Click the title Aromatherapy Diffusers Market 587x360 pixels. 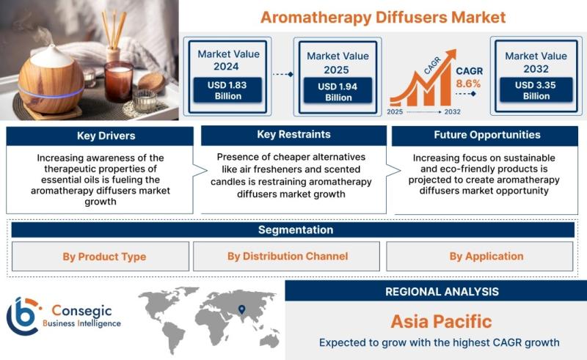click(x=383, y=18)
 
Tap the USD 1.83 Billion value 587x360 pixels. click(x=227, y=90)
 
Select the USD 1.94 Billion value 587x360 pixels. click(x=338, y=92)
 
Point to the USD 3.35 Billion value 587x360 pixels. click(x=536, y=90)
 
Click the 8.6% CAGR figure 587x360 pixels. click(x=468, y=84)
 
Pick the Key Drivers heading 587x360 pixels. click(x=106, y=136)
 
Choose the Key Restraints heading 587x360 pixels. click(x=294, y=134)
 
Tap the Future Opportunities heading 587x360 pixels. click(x=487, y=135)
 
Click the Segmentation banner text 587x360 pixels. click(x=296, y=229)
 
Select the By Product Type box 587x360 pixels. click(x=101, y=257)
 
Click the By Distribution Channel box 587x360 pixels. click(x=286, y=257)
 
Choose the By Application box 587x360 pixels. click(x=480, y=257)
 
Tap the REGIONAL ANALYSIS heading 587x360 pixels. click(x=442, y=292)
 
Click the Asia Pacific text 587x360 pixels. click(x=441, y=321)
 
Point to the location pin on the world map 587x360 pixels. click(x=242, y=309)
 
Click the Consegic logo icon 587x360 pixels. click(x=23, y=316)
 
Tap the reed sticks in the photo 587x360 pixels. click(x=114, y=30)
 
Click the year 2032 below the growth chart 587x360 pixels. click(x=452, y=111)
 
